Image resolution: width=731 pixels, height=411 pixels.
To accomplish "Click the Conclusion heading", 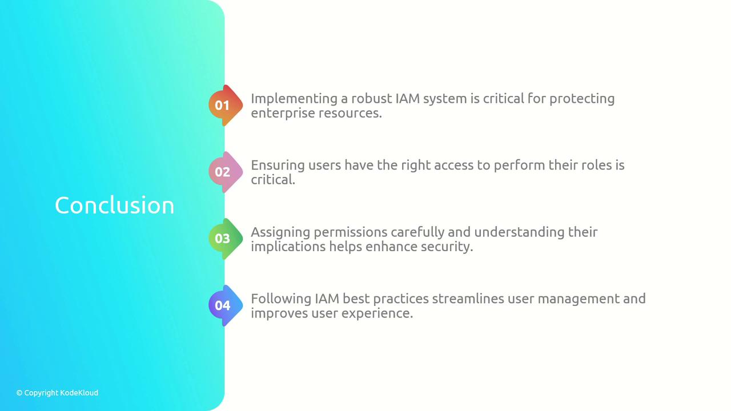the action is coord(114,205).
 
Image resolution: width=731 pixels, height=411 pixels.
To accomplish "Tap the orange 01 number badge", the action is coord(226,106).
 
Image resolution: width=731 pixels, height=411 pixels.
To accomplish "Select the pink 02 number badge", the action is coord(226,172).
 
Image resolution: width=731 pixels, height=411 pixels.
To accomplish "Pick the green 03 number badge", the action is coord(226,239).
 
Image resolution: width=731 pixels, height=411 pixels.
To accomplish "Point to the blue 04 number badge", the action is coord(226,305).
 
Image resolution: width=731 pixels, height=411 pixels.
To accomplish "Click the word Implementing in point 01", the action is coord(294,99).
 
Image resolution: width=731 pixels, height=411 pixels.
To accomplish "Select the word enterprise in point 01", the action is coord(283,114).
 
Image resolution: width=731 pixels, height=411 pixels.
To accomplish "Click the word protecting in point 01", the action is coord(582,99).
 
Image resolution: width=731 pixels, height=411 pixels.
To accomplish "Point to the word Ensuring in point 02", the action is coord(278,166).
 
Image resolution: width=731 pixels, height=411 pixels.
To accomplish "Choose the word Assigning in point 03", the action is coord(280,232).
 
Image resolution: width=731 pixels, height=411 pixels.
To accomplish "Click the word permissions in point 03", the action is coord(351,232).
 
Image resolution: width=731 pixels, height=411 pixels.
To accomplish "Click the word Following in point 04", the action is coord(281,300).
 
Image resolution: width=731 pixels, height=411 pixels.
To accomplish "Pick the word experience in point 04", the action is coord(377,314).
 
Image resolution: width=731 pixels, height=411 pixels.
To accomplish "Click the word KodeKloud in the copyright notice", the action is coord(79,393).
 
